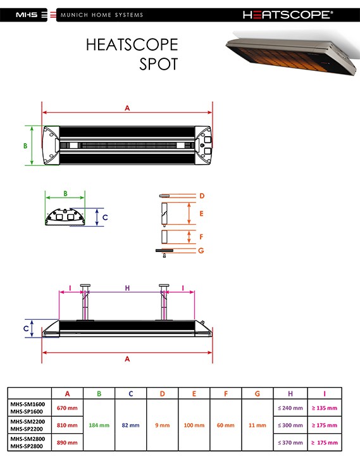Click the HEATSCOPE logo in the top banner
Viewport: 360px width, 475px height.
(288, 15)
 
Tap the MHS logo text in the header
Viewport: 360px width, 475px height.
(27, 15)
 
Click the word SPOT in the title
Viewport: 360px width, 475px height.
(158, 64)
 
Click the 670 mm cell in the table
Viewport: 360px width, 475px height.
(67, 408)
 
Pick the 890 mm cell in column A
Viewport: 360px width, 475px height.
(67, 443)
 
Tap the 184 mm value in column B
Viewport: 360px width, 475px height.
(99, 426)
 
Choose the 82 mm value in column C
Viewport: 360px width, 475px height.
(131, 426)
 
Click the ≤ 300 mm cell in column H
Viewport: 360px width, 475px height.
(290, 426)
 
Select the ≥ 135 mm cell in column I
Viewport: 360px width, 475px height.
(325, 408)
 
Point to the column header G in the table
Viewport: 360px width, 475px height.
(257, 393)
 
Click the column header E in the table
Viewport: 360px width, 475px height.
(194, 393)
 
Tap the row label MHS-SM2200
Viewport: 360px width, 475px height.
(28, 421)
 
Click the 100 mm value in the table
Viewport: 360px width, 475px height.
(194, 426)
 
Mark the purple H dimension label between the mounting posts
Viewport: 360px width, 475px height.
(127, 288)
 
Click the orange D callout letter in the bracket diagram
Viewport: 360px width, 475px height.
(202, 196)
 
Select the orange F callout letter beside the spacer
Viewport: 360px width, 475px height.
(201, 237)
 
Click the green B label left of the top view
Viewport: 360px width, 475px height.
(25, 146)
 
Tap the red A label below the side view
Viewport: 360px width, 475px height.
(127, 359)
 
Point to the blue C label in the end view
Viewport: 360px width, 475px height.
(105, 217)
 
